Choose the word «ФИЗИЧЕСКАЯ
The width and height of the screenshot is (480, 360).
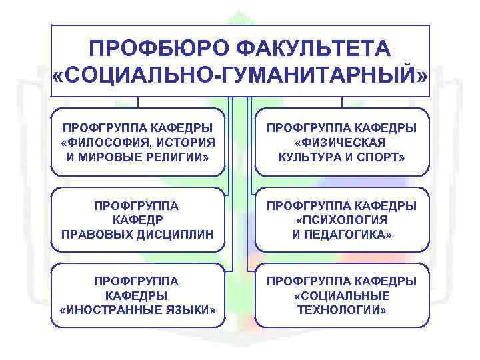(x=341, y=142)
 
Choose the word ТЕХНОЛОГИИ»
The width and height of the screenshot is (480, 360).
(x=341, y=310)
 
